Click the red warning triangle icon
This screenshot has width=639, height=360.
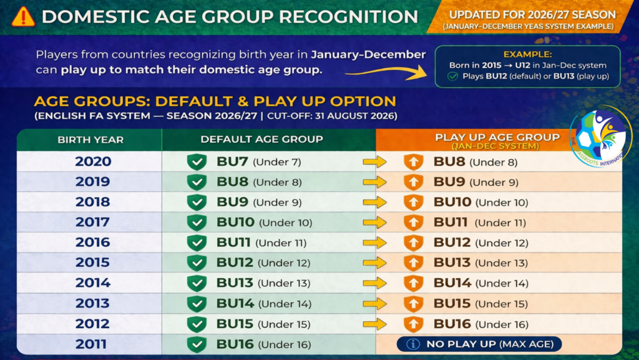pyautogui.click(x=23, y=17)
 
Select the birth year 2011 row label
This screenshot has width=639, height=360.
pyautogui.click(x=91, y=344)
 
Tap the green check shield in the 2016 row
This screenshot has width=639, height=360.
pyautogui.click(x=197, y=243)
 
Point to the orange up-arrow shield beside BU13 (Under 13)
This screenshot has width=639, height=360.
pyautogui.click(x=413, y=263)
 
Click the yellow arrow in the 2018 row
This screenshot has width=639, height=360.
pyautogui.click(x=374, y=202)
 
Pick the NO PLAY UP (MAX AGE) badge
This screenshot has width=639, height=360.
pyautogui.click(x=479, y=344)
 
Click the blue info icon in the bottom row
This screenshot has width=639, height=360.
pyautogui.click(x=413, y=344)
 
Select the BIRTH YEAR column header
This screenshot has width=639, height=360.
pyautogui.click(x=90, y=140)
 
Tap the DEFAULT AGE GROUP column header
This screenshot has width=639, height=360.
pyautogui.click(x=261, y=139)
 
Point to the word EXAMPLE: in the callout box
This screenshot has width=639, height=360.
pyautogui.click(x=528, y=54)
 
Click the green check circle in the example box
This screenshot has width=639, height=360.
pyautogui.click(x=452, y=77)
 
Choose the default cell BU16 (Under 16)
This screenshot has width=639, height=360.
pyautogui.click(x=263, y=344)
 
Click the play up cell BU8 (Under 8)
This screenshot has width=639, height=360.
pyautogui.click(x=475, y=162)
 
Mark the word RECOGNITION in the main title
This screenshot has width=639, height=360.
pyautogui.click(x=348, y=17)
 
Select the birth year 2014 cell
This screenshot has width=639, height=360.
pyautogui.click(x=93, y=283)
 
